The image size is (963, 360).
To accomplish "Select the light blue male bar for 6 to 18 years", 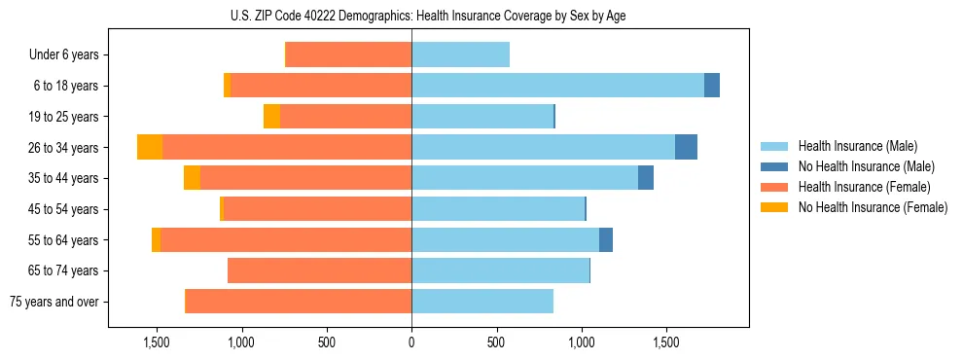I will point(557,86).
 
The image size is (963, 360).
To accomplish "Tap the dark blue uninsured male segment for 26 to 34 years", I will point(686,147).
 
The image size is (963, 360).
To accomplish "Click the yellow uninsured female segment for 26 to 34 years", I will point(150,147).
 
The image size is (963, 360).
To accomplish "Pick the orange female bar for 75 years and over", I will point(298,302).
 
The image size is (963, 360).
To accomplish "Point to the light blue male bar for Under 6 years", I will point(460,54).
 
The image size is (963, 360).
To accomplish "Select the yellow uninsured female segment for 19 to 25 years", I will point(271,117).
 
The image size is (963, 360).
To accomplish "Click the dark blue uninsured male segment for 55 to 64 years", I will point(606,239).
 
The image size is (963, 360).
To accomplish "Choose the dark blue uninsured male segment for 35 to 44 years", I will point(646,178).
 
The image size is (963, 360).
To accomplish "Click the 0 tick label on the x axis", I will point(411,343).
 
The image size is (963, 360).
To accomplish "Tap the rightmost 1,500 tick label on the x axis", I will point(666,343).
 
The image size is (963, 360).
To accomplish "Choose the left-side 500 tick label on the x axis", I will point(326,343).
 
